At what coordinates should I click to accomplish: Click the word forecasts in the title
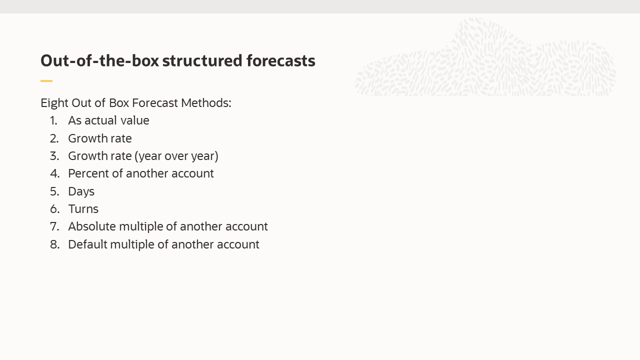click(280, 61)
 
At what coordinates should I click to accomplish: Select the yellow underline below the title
click(46, 80)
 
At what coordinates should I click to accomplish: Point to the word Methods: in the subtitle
click(206, 103)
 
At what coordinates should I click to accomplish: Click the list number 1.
click(53, 121)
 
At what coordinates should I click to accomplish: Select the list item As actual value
click(108, 121)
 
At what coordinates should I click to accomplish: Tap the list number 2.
click(54, 138)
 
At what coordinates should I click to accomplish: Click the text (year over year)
click(176, 156)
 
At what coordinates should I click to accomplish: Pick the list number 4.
click(54, 173)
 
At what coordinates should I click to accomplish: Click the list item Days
click(81, 191)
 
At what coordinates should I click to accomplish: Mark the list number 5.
click(54, 191)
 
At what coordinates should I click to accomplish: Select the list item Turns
click(83, 209)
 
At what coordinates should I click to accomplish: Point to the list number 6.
click(54, 209)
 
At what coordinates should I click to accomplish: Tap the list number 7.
click(54, 226)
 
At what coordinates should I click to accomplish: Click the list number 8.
click(54, 244)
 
